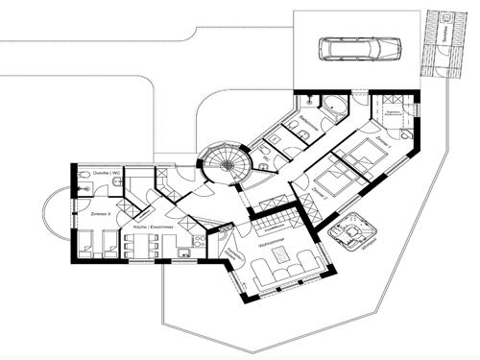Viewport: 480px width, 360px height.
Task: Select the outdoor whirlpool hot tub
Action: [351, 228]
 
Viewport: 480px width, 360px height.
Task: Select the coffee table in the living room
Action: [280, 255]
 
